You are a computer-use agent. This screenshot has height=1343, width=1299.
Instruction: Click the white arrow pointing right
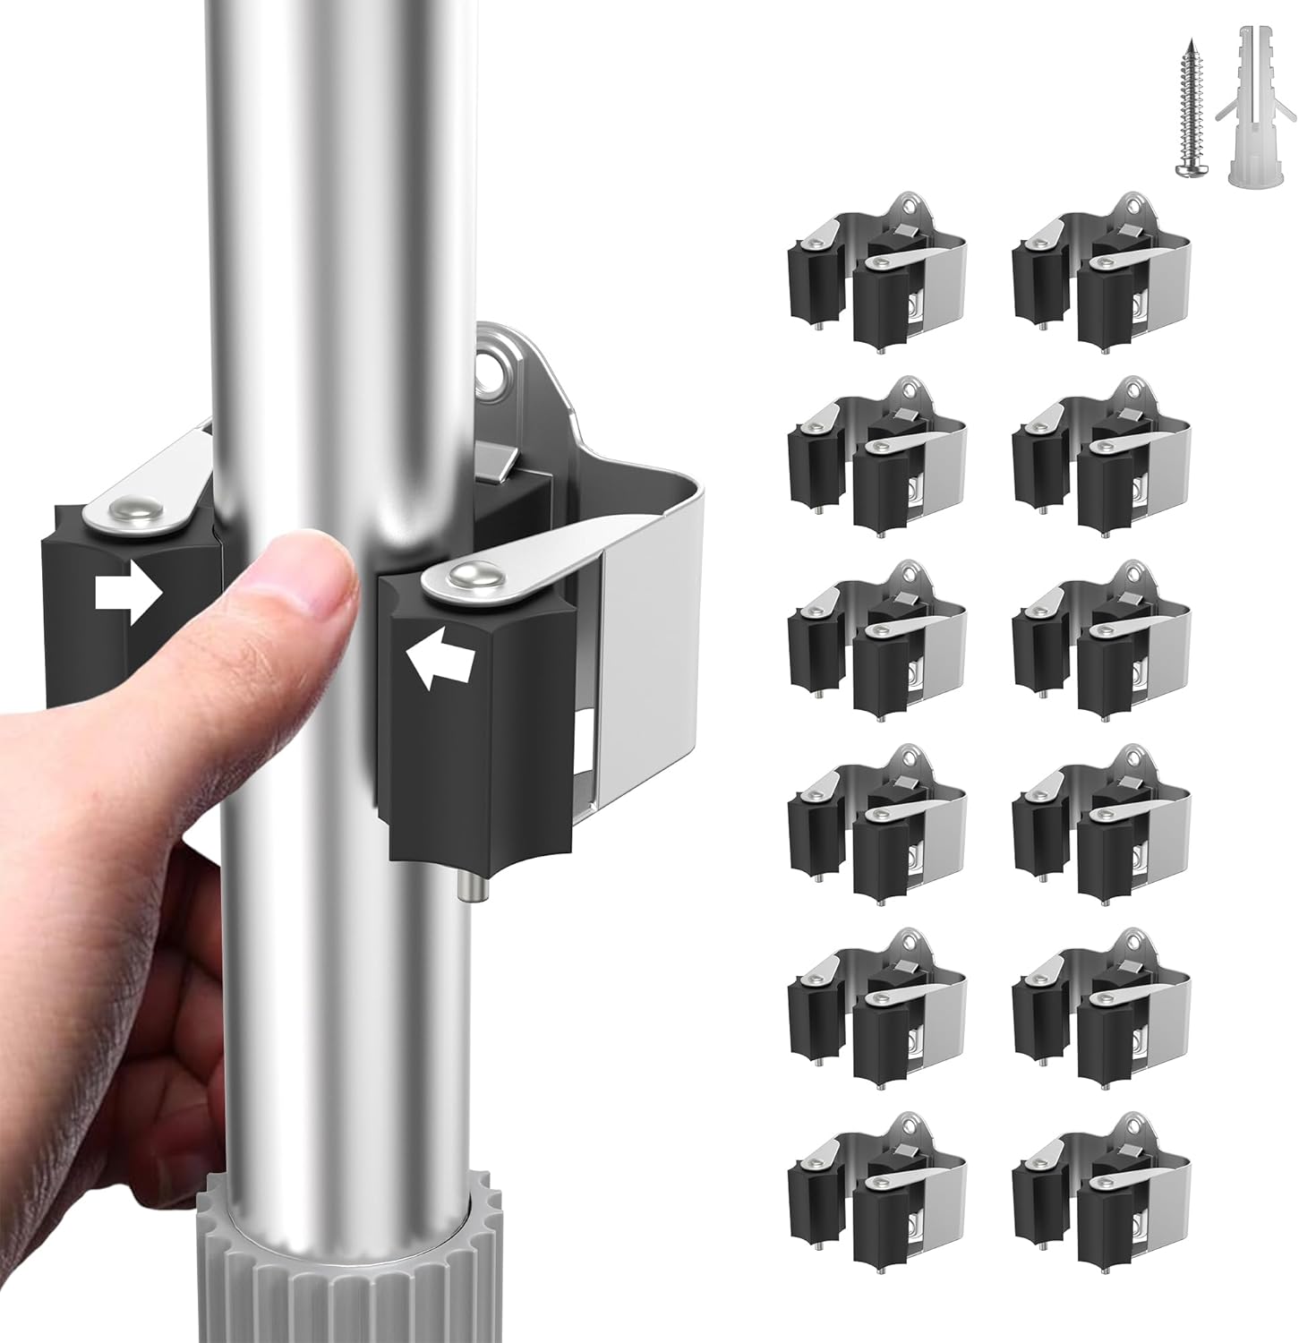click(x=129, y=593)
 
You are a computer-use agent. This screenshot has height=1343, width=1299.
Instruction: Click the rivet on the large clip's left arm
click(x=124, y=511)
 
